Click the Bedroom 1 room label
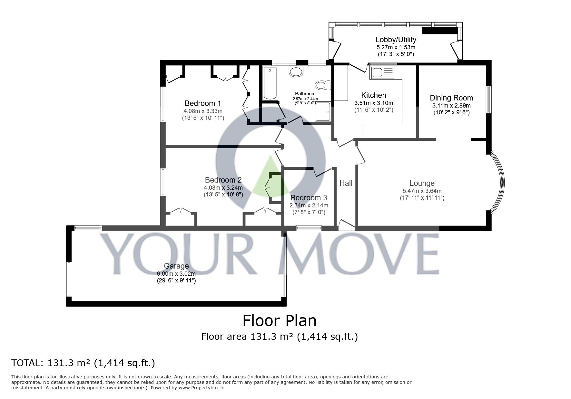(203, 103)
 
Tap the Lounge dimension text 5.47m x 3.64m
(422, 191)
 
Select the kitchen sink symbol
(382, 72)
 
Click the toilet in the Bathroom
(323, 85)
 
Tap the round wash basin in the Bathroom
(296, 71)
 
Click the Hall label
(346, 183)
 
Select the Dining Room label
(451, 98)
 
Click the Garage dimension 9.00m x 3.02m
(176, 274)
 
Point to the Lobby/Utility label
(396, 40)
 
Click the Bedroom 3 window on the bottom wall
(309, 228)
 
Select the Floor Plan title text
(279, 321)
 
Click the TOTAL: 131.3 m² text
(83, 363)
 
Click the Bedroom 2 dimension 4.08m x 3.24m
(223, 187)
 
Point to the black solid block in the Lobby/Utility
(439, 31)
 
